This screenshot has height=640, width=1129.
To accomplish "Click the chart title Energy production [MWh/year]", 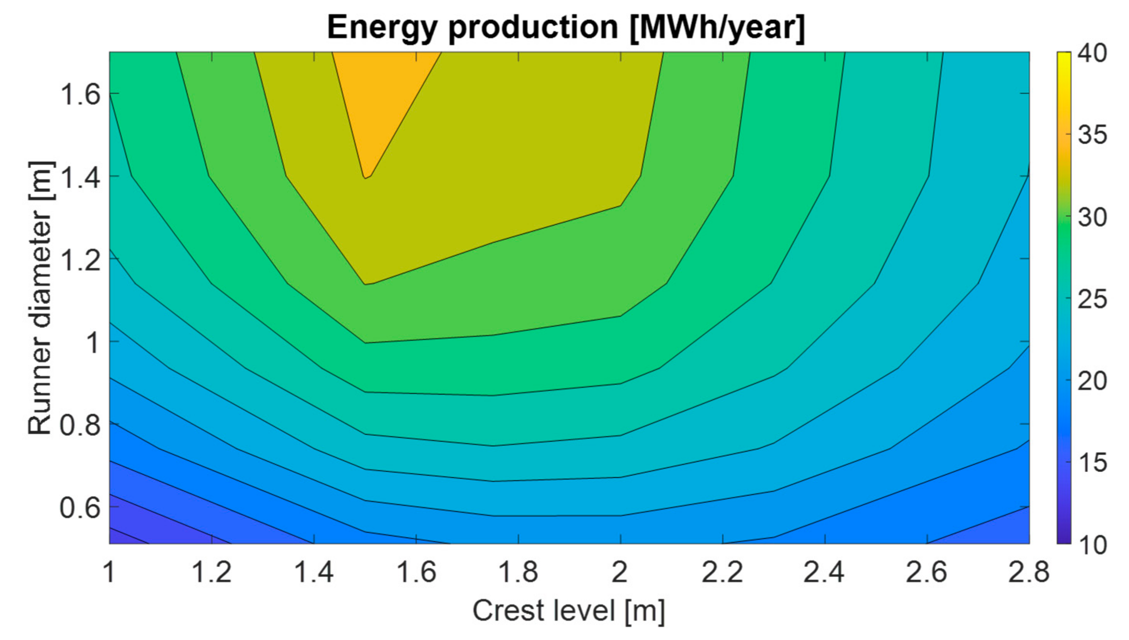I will point(566,27).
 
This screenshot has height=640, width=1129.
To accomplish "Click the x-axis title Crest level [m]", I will point(569,611).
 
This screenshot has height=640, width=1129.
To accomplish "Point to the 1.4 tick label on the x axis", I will point(313,573).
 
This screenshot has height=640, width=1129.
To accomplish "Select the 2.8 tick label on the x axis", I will point(1028,573).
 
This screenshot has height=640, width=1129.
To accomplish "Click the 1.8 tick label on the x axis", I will point(518,573).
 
